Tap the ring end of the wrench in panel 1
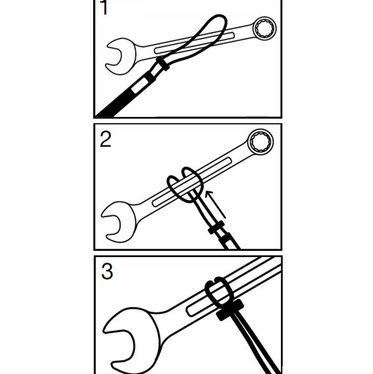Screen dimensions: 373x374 point(265,29)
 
